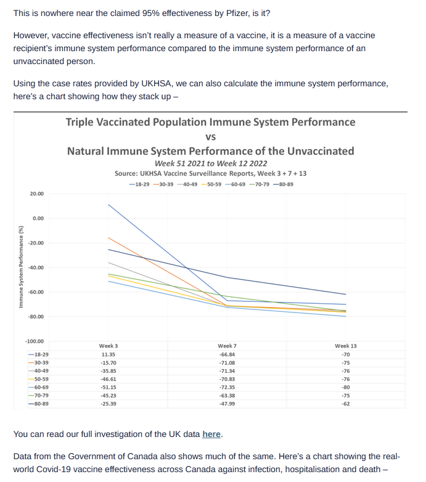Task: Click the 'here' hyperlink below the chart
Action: (211, 434)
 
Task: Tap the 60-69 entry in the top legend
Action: (236, 184)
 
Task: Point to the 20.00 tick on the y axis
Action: (37, 194)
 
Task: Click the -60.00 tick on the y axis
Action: (36, 292)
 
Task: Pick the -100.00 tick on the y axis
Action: (35, 341)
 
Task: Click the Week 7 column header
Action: (227, 346)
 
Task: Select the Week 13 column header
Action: (346, 346)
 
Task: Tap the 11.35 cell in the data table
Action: (108, 354)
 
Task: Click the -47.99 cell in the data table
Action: (227, 404)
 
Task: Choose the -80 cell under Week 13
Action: (346, 387)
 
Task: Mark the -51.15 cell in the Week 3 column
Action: (108, 387)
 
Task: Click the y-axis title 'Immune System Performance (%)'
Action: (21, 267)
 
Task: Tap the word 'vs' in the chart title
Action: (211, 137)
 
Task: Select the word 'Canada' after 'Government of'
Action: (142, 456)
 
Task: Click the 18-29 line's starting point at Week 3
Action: (108, 205)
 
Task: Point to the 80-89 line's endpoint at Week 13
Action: (346, 294)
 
